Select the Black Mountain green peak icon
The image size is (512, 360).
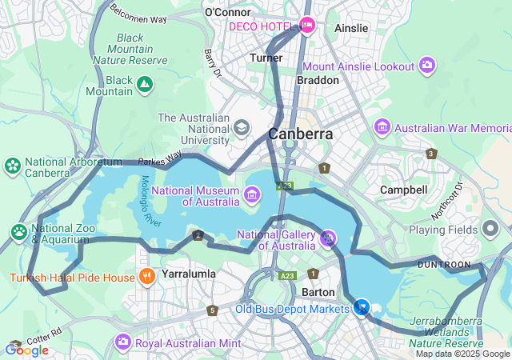coord(144,82)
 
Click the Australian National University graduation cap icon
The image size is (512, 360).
coord(242,127)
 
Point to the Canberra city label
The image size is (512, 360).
coord(301,134)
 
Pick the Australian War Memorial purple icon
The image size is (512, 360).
coord(382,127)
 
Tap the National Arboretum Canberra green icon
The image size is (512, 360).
coord(13,166)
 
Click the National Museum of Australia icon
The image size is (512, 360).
coord(252,194)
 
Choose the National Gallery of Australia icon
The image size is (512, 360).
coord(327,238)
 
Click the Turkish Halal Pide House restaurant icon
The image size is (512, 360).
coord(146,278)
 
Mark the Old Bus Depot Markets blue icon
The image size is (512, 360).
coord(362,307)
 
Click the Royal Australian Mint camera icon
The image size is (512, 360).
coord(122,343)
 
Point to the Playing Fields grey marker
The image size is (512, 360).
coord(490,229)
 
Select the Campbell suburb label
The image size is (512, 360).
coord(404,190)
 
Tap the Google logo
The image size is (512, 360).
coord(26,350)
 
